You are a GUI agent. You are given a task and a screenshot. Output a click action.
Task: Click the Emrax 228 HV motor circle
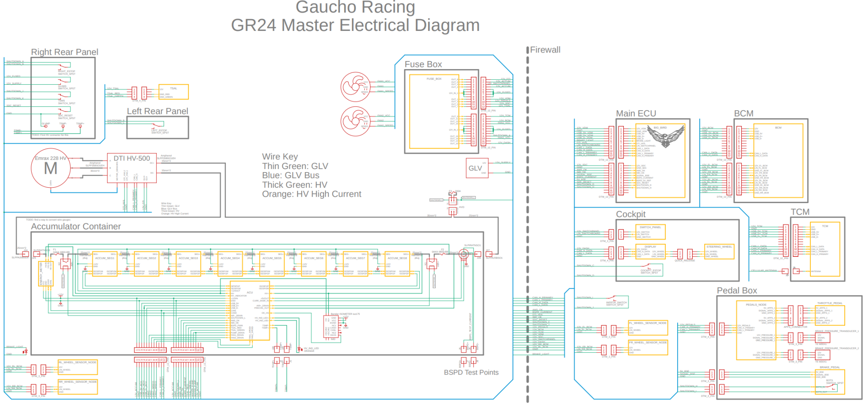51,168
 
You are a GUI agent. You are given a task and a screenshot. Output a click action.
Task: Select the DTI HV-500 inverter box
132,168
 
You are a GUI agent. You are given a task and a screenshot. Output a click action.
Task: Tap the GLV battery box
477,168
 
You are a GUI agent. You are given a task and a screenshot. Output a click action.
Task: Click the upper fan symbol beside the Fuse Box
355,87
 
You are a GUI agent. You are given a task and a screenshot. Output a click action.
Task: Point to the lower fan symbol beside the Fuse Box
355,121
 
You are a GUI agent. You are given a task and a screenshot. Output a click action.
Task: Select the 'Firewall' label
545,50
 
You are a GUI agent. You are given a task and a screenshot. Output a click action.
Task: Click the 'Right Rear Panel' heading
64,52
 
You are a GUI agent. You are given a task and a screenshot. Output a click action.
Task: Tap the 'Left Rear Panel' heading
157,111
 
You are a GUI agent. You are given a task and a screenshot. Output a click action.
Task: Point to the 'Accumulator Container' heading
76,227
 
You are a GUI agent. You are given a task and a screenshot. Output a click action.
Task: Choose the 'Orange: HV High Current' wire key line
312,194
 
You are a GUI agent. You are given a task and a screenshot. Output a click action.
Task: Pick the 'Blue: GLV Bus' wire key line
291,175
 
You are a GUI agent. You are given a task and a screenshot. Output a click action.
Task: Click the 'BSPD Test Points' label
471,373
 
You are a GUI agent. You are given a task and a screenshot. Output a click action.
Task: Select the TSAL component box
173,92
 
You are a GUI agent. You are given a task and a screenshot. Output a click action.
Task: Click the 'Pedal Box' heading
737,291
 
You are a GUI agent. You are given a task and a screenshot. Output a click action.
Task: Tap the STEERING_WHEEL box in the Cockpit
719,251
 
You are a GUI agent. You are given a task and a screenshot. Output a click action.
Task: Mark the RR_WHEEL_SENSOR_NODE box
78,387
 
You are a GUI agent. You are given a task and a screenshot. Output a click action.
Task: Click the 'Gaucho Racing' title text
355,7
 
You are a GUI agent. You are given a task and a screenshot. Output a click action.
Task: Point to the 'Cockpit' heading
631,214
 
